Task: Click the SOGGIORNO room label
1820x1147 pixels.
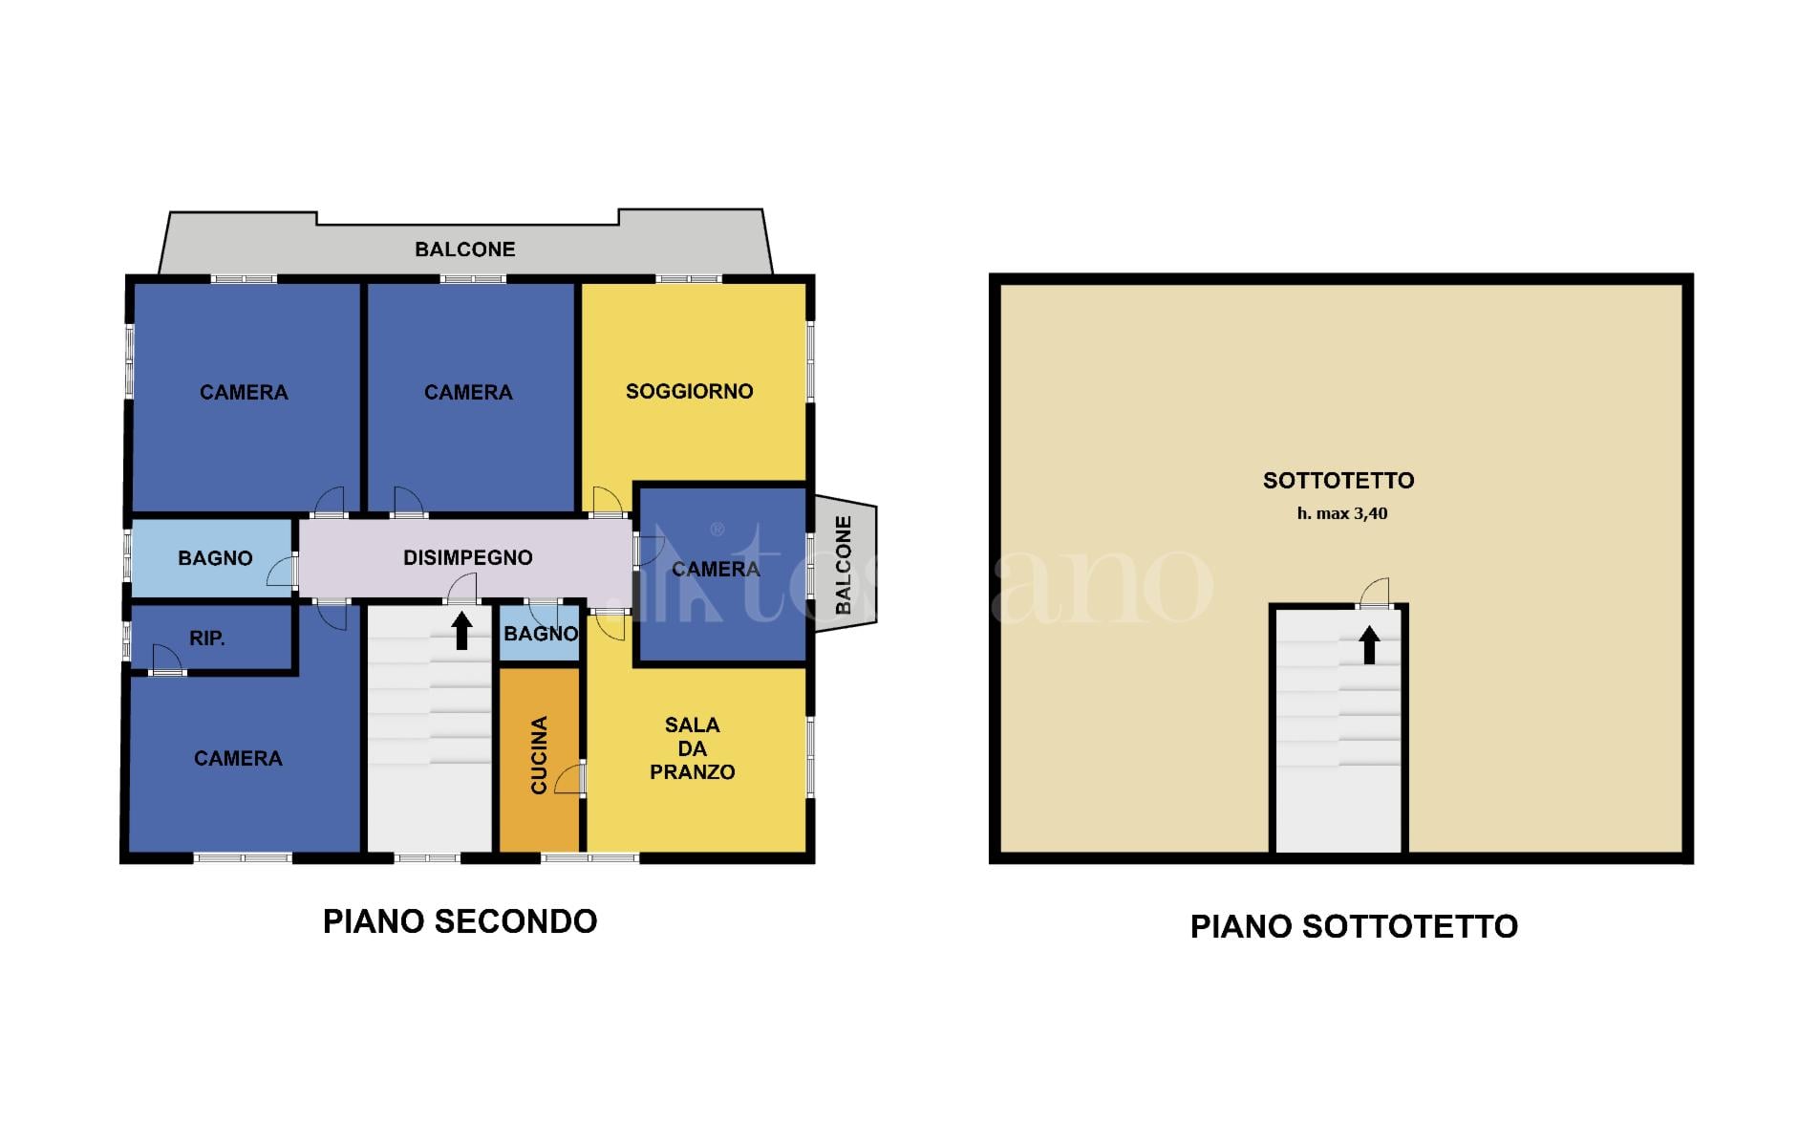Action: coord(689,391)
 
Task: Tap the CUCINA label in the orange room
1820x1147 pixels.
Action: coord(539,755)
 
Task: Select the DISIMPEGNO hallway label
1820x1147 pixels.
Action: coord(467,557)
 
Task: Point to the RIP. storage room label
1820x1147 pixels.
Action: coord(207,638)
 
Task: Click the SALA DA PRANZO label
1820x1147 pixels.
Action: coord(693,748)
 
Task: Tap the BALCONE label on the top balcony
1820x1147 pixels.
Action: coord(464,249)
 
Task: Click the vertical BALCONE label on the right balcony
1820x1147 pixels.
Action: coord(843,565)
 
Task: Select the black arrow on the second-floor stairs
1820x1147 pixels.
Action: coord(461,631)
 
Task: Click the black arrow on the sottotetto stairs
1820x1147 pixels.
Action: coord(1369,644)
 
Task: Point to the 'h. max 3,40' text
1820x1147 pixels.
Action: coord(1341,513)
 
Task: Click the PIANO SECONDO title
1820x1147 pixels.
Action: coord(460,921)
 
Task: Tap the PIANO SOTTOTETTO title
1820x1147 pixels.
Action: coord(1354,926)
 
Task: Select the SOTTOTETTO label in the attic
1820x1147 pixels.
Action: coord(1338,481)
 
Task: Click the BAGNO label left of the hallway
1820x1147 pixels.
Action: coord(215,558)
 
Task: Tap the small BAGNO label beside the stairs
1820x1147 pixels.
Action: coord(541,634)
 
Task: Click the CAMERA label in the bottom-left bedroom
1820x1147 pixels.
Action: coord(238,759)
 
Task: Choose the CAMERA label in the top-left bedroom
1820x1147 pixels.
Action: coord(244,393)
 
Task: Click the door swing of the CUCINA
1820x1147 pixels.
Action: coord(569,778)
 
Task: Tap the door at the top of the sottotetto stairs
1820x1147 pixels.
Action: coord(1374,594)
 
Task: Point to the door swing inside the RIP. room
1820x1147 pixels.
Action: coord(166,659)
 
